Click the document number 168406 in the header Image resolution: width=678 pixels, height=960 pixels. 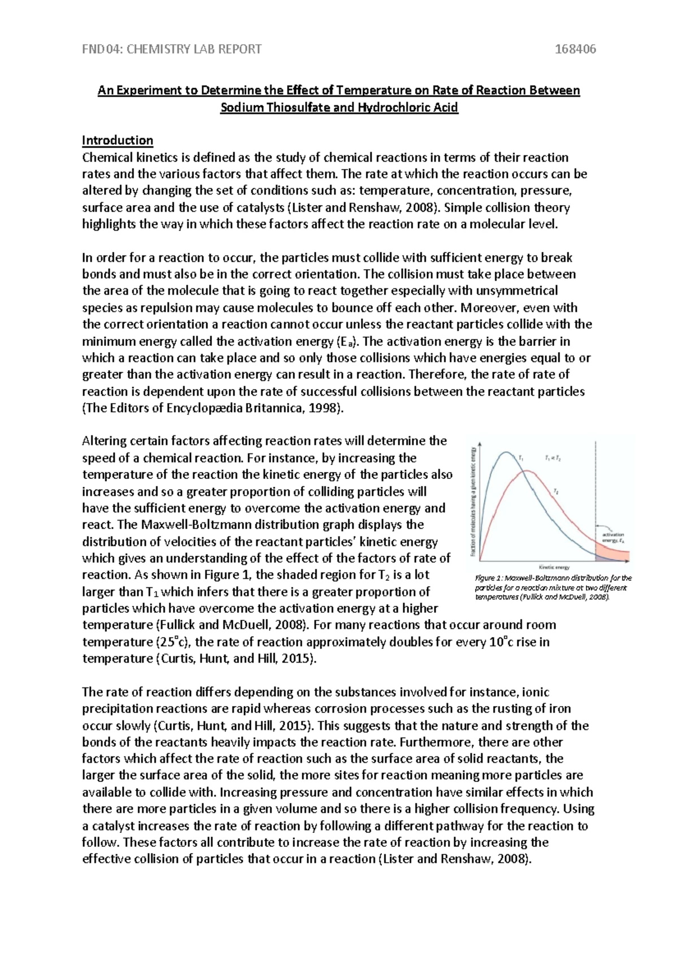575,49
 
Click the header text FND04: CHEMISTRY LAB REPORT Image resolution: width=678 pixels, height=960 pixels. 172,49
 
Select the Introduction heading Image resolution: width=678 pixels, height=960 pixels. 118,140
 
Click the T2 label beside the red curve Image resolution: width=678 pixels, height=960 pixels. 556,493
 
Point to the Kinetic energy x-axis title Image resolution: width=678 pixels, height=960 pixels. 553,567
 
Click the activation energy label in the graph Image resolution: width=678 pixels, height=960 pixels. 612,537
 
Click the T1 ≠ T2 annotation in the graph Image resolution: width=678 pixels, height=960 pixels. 552,459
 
